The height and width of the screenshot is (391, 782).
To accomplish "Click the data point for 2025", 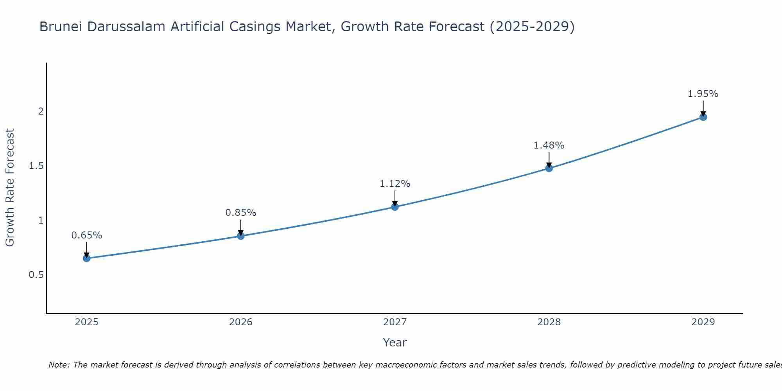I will [87, 258].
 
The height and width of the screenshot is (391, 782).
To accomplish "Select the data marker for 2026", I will [241, 236].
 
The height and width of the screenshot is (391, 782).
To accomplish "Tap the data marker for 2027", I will [395, 207].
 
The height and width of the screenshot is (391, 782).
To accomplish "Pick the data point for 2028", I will [549, 168].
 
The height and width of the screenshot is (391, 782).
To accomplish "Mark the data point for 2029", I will [703, 117].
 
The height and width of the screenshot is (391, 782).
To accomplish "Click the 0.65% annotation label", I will [87, 235].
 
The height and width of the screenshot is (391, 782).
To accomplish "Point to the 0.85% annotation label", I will [241, 213].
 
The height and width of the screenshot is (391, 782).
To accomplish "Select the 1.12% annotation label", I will [395, 184].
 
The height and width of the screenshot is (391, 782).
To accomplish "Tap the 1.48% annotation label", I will [549, 145].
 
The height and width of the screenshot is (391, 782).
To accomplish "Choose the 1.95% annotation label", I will [703, 94].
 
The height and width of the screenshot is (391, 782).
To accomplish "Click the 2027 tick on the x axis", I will [395, 322].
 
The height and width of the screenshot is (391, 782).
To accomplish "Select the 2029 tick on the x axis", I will [703, 322].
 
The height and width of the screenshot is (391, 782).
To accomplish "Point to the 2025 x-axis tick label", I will [87, 322].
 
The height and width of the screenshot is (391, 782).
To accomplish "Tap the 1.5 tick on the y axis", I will [36, 166].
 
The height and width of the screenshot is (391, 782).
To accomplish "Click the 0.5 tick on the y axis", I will [36, 275].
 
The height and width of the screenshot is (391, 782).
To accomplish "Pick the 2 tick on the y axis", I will [41, 111].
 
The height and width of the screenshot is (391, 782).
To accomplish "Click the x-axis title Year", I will [395, 343].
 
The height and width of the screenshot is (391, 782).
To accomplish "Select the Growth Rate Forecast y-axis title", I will [10, 188].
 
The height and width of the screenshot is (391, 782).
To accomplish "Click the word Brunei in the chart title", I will [61, 27].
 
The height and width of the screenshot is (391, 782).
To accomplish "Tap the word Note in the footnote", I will [59, 365].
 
